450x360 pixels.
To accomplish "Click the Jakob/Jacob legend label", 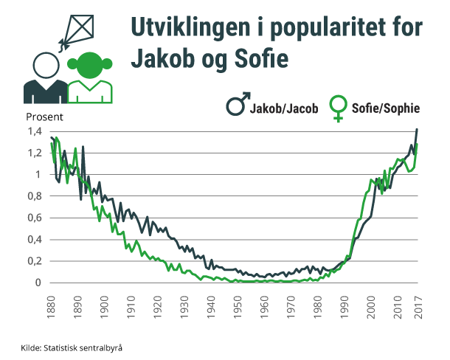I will (283, 108).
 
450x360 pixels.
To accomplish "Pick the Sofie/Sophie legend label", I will (386, 108).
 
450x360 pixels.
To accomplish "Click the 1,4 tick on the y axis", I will (34, 131).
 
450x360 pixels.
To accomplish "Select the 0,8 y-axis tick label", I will (34, 196).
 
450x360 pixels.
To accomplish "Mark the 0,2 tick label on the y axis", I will (34, 261).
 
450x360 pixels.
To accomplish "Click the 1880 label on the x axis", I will (51, 302).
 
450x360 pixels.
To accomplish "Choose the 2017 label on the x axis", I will (418, 302).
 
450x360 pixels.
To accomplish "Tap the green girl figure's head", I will (90, 66).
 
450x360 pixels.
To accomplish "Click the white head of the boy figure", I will (46, 66).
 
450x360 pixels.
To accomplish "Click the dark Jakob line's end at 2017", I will (418, 129).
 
